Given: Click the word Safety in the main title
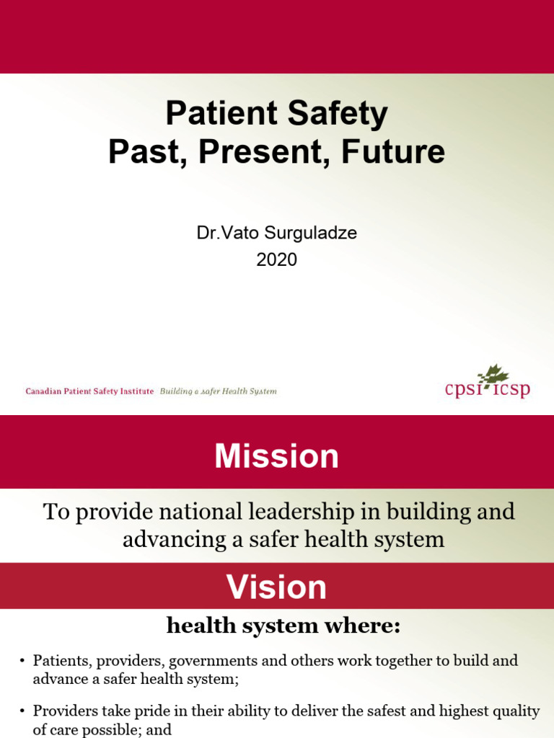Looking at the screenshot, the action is point(338,115).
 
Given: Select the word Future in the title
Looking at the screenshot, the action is point(393,151).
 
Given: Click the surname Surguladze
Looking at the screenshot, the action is point(310,233).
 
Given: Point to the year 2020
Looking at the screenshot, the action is point(276,259).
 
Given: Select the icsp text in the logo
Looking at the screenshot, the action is point(511,390).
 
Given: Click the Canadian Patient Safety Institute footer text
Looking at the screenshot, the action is point(89,391).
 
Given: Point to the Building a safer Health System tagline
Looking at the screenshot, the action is point(218,391).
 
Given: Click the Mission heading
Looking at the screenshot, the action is point(276,456).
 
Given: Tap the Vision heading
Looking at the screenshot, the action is point(276,587).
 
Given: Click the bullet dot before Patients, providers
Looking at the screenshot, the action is point(22,662).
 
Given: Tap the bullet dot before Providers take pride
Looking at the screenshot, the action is point(22,711).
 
